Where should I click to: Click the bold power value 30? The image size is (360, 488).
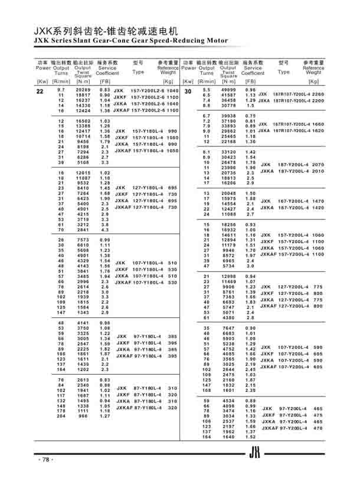[x=188, y=91]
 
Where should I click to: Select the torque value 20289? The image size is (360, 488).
[x=83, y=89]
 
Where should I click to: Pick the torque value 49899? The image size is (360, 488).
[x=229, y=89]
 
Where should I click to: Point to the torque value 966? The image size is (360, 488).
[x=83, y=416]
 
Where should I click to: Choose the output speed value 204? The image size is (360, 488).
[x=61, y=416]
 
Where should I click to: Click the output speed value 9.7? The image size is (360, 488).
[x=61, y=89]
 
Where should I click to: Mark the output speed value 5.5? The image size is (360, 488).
[x=207, y=89]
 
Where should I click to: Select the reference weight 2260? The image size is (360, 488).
[x=318, y=94]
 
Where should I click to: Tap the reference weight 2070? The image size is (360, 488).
[x=318, y=165]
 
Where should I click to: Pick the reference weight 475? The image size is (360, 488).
[x=319, y=415]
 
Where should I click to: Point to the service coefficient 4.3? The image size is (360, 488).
[x=105, y=230]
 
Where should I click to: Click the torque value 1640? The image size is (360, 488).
[x=229, y=437]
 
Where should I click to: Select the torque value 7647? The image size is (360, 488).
[x=229, y=327]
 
